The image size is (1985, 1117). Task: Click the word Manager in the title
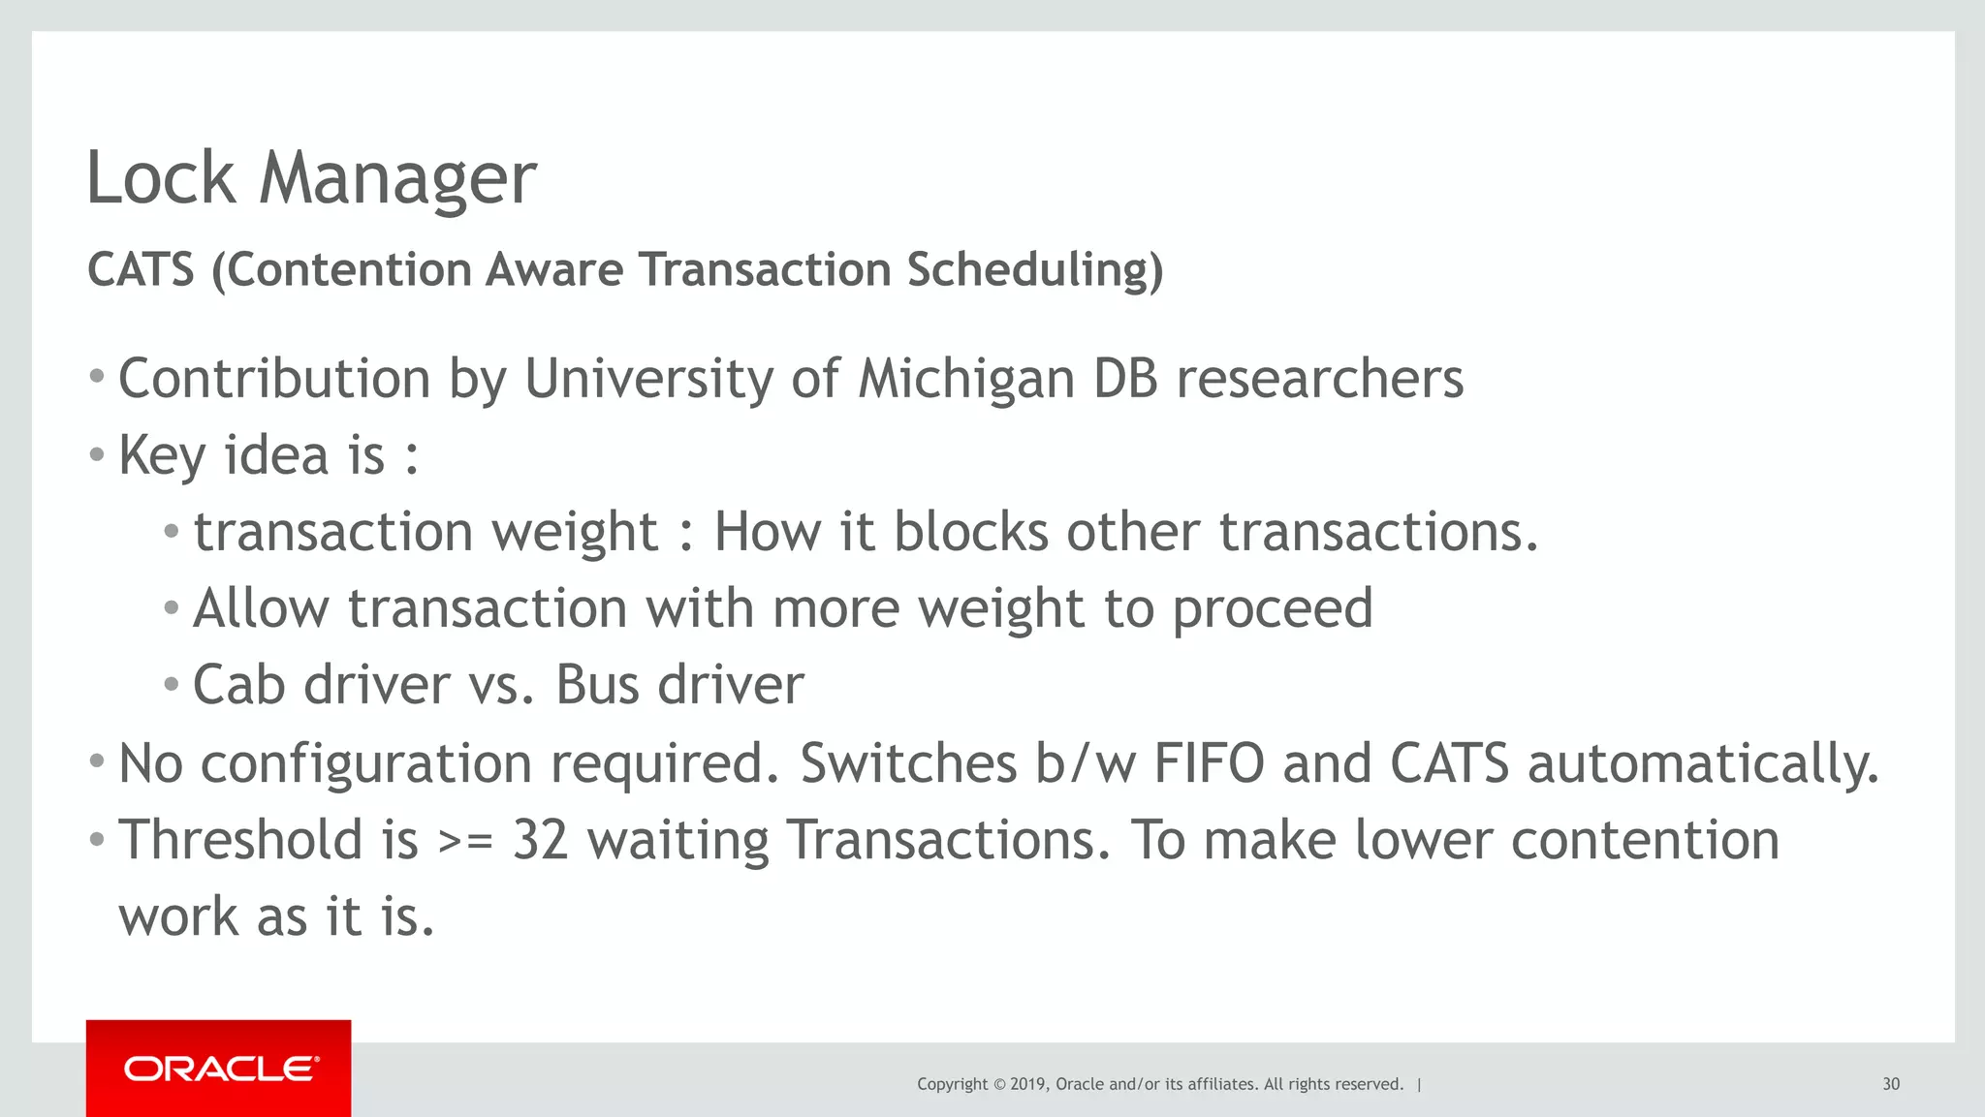tap(397, 179)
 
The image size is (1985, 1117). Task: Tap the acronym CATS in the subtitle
tap(142, 270)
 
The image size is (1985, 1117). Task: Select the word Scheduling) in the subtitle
tap(1034, 270)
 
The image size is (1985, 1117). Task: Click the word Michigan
tap(966, 379)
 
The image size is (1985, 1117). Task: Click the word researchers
tap(1319, 379)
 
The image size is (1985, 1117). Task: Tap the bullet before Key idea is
tap(96, 453)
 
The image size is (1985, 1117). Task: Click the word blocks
tap(970, 532)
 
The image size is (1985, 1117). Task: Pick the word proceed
tap(1272, 609)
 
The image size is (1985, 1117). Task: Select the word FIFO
tap(1208, 763)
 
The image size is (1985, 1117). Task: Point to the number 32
tap(540, 840)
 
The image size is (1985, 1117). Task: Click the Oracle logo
tap(219, 1069)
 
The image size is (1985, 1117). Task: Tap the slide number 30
tap(1890, 1084)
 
